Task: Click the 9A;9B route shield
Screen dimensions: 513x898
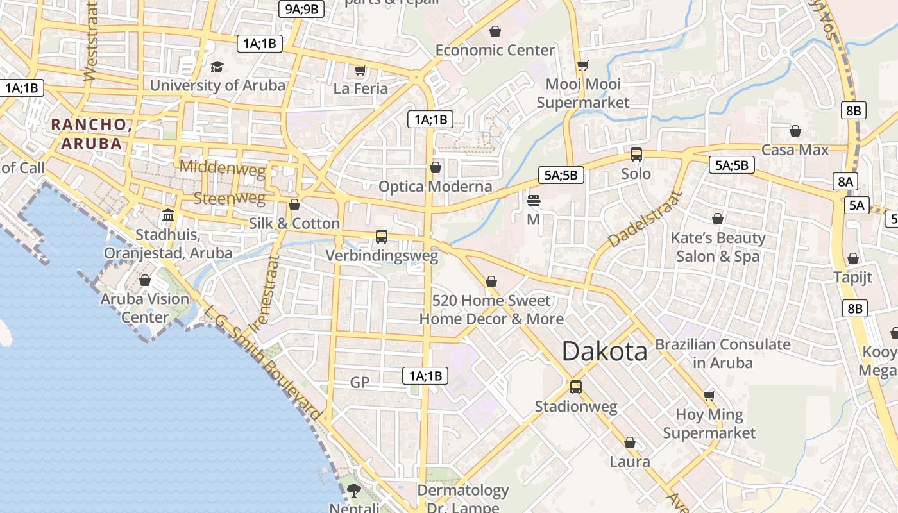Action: (x=301, y=9)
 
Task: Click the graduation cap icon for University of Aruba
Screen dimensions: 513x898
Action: (x=217, y=67)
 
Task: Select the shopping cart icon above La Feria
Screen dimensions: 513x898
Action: (x=360, y=70)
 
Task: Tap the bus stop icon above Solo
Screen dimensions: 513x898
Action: (x=636, y=155)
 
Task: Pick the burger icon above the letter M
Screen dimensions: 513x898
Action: (x=533, y=201)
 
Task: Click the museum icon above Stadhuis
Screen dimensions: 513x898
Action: (x=168, y=215)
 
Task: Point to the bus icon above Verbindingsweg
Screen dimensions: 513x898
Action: (x=382, y=237)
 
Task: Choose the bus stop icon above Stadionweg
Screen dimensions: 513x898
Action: (x=575, y=387)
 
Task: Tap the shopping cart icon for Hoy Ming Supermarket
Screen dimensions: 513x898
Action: (x=709, y=396)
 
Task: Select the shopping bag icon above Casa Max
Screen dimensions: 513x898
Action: (x=795, y=131)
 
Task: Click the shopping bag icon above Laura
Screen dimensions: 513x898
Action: (x=630, y=443)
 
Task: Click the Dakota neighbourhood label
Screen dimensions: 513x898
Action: (x=605, y=351)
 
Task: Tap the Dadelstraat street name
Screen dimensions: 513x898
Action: (x=645, y=219)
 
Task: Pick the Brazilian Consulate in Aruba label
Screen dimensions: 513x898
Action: (x=723, y=353)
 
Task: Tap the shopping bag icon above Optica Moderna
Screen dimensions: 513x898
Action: (x=436, y=167)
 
